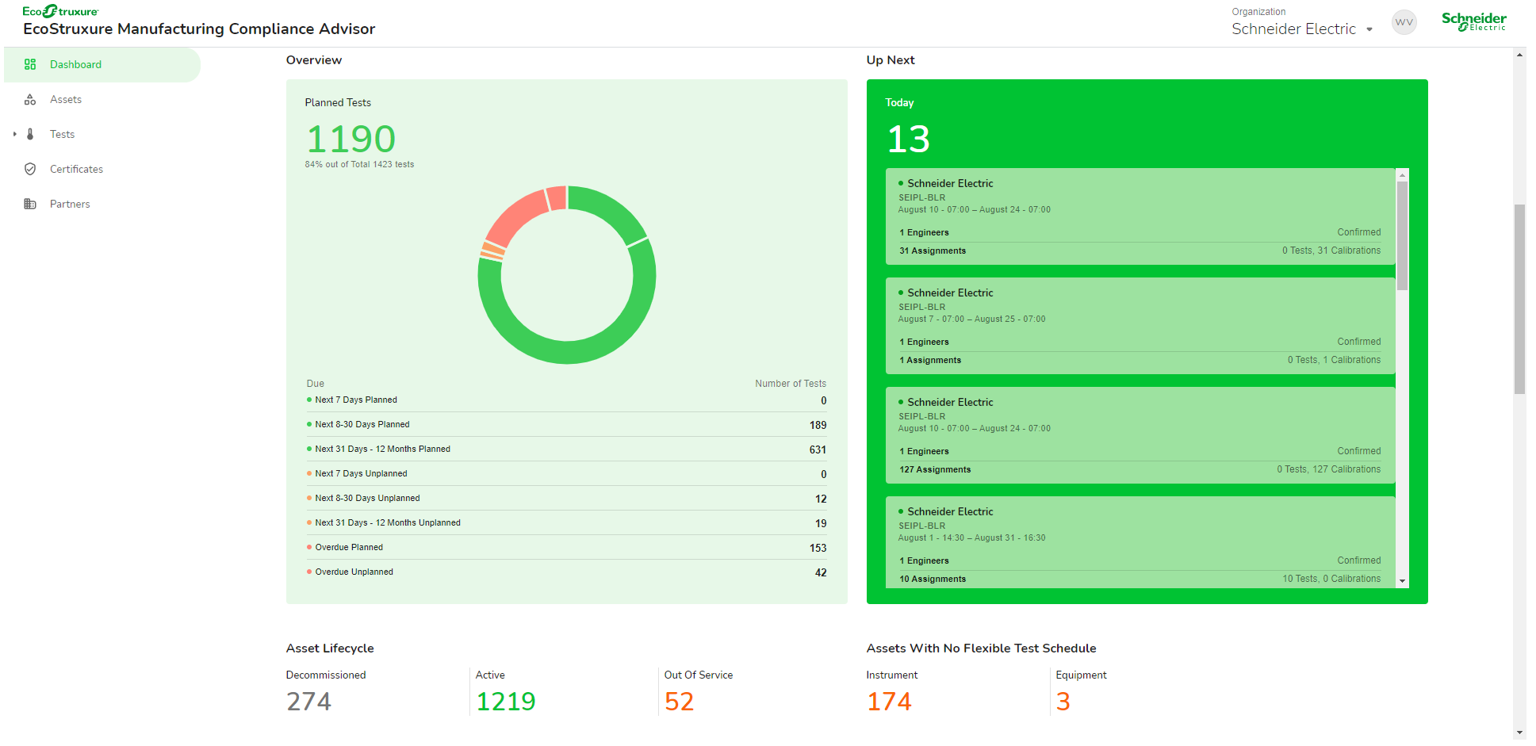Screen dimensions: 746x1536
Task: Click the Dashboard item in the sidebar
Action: [x=75, y=65]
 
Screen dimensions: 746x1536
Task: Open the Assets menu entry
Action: [x=66, y=100]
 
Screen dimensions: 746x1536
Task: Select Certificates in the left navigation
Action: [x=76, y=170]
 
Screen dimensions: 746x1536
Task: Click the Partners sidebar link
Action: [x=70, y=205]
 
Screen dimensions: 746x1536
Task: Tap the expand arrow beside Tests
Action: [x=15, y=135]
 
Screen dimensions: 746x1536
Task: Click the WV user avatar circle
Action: [x=1404, y=22]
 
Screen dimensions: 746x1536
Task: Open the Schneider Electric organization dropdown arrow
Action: [x=1369, y=30]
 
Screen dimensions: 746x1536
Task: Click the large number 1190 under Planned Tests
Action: [x=350, y=140]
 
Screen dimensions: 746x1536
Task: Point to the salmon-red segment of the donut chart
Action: [x=515, y=217]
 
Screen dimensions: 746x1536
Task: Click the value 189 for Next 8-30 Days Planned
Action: [x=818, y=426]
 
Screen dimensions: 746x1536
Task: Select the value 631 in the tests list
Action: [x=818, y=450]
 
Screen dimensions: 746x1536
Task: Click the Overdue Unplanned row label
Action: [x=354, y=572]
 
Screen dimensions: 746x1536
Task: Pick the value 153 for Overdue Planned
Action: [x=818, y=549]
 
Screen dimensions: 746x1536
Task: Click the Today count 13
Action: [x=908, y=140]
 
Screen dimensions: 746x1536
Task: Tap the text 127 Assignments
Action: [x=935, y=470]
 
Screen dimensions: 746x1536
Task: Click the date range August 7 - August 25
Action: [x=971, y=319]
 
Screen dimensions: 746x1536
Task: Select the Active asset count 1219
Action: [x=505, y=702]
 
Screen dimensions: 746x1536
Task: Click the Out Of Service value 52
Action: [x=679, y=702]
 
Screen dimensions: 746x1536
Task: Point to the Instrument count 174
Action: [x=889, y=702]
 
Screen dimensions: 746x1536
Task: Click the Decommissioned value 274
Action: [x=308, y=702]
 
